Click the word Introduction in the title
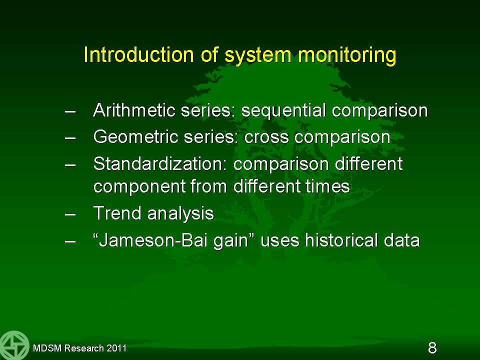(x=138, y=55)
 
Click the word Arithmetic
(x=134, y=110)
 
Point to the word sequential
(x=283, y=111)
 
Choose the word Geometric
(x=135, y=136)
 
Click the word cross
(x=266, y=138)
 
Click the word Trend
(x=117, y=213)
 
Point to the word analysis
(x=180, y=214)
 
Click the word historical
(x=341, y=240)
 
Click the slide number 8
(x=432, y=348)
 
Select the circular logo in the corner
(x=14, y=345)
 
